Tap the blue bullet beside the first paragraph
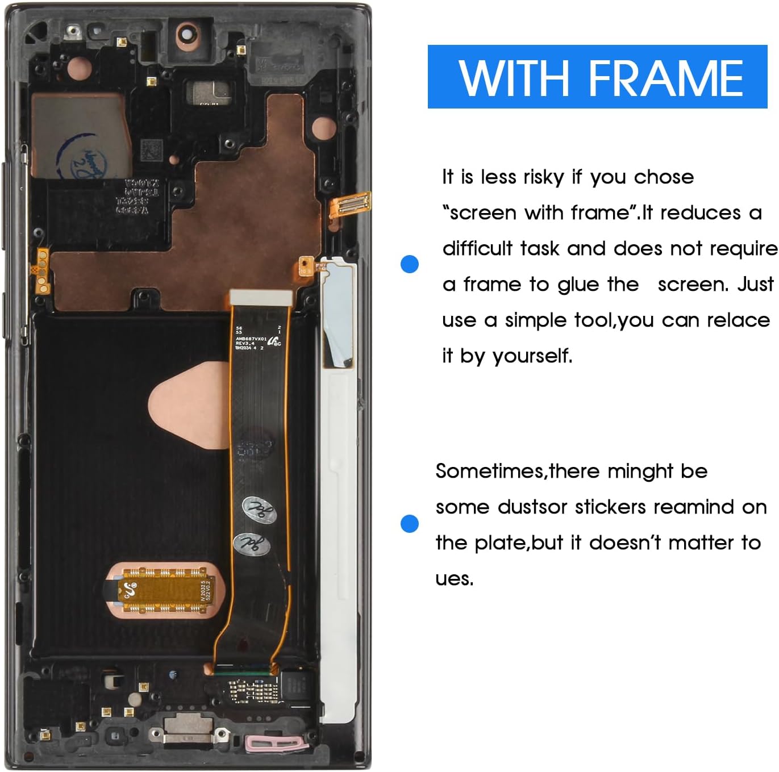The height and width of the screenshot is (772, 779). pos(409,264)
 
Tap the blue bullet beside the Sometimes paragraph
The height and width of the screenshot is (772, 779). pos(409,523)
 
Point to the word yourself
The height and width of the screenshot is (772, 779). pos(532,356)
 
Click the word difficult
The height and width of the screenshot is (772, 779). pos(477,249)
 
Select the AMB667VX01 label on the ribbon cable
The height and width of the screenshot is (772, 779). pos(251,339)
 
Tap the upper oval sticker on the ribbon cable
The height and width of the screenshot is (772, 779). pos(259,510)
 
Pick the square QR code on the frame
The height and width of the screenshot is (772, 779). pos(151,151)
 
